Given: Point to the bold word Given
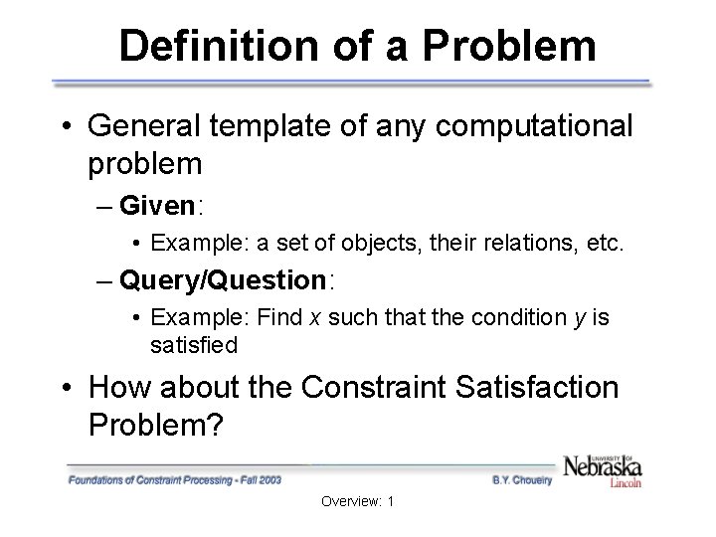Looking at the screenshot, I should [x=157, y=206].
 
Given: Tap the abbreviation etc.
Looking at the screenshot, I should [x=605, y=243].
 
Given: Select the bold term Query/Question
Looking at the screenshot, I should [x=222, y=280].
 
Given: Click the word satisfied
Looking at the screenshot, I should [x=194, y=345].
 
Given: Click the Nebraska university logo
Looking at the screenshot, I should [x=603, y=468].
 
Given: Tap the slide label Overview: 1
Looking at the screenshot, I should [x=358, y=501].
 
